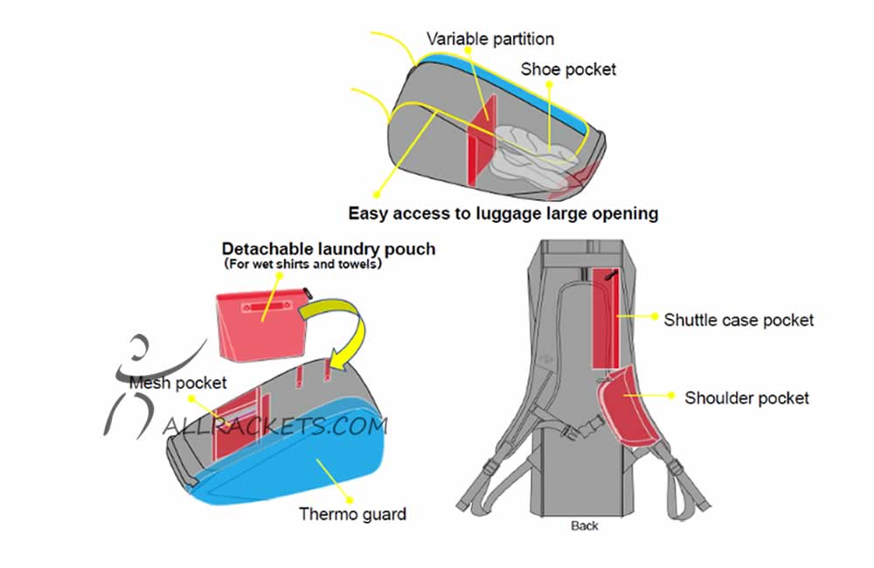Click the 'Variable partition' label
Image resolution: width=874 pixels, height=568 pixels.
(x=489, y=38)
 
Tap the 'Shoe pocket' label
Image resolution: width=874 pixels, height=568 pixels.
(x=568, y=69)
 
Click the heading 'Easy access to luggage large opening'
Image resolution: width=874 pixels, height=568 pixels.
(x=503, y=213)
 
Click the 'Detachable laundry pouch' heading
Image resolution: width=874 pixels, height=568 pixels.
(x=328, y=249)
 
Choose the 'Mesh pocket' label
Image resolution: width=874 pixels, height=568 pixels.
(x=177, y=383)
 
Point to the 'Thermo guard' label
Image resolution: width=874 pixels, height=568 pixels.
(x=352, y=514)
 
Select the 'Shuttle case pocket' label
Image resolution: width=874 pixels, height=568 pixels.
(x=739, y=320)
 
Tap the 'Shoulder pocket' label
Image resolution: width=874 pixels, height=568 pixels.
(x=746, y=398)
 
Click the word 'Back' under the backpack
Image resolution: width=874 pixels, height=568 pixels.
(x=585, y=526)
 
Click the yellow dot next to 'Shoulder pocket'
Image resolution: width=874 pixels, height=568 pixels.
(x=671, y=396)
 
